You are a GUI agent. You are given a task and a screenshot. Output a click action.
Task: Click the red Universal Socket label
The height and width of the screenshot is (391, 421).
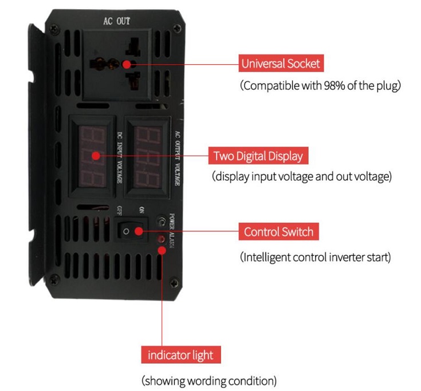pos(281,63)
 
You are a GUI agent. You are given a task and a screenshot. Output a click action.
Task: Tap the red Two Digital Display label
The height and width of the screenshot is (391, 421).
pos(257,155)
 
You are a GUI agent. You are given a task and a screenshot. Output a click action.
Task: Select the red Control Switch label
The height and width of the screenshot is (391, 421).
pos(278,232)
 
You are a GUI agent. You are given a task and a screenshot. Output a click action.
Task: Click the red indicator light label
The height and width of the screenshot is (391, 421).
pos(180,355)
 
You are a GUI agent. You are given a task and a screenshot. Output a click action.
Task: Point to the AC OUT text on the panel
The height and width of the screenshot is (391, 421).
pos(116,21)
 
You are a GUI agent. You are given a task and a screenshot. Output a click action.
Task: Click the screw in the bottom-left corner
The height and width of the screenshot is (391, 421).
pos(54,279)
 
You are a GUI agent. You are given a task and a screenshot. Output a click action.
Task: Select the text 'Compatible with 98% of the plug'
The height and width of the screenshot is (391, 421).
pos(320,86)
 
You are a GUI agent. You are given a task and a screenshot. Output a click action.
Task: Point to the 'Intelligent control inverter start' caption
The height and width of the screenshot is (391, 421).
pos(315,257)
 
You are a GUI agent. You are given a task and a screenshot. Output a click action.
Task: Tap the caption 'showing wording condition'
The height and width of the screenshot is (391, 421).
pos(209,380)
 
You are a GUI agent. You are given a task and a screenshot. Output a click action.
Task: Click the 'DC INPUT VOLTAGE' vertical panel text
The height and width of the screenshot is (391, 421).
pos(119,155)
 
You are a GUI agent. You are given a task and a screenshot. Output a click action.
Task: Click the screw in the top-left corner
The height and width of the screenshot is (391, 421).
pos(53,27)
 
